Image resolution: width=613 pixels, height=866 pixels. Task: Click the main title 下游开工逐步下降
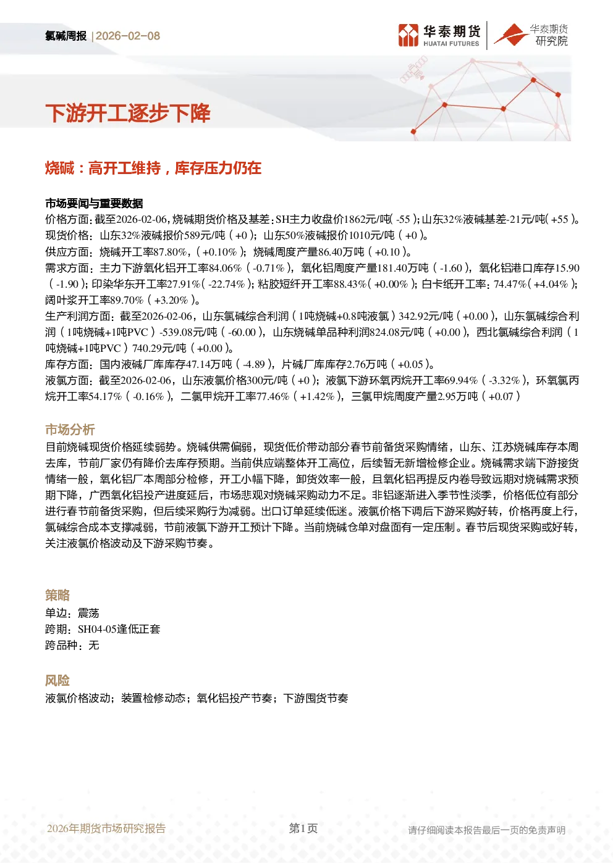pos(128,114)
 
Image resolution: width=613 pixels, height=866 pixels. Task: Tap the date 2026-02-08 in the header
pos(128,36)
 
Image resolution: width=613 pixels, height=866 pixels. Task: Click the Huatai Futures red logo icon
pos(408,35)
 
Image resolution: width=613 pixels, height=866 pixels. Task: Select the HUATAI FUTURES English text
pos(451,44)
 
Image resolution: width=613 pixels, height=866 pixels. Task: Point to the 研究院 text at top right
pos(551,41)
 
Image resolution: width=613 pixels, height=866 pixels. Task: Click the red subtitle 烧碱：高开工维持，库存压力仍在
pos(153,168)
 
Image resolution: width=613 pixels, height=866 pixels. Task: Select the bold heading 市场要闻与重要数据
pos(94,203)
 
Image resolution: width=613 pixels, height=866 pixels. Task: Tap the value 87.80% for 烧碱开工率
pos(171,252)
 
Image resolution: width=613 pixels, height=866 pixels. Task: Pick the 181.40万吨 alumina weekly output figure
pos(403,268)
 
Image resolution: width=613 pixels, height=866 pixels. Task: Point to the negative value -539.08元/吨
pos(188,333)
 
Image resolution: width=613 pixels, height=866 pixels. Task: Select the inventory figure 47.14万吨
pos(209,365)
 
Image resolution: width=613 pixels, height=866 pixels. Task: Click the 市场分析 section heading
pos(70,430)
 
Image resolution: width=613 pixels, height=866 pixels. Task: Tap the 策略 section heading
pos(57,596)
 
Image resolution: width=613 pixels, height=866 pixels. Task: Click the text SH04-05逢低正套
pos(119,630)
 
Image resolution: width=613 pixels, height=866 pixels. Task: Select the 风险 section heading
pos(57,680)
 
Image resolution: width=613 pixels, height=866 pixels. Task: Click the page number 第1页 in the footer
pos(303,828)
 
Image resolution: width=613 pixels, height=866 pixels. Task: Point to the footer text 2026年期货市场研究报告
pos(106,828)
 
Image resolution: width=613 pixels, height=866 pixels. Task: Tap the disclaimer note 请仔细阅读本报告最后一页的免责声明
pos(486,830)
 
